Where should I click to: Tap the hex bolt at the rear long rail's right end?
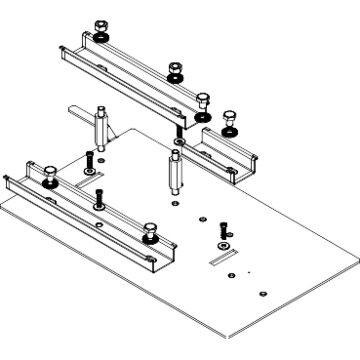tap(206, 100)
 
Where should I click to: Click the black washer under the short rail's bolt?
tap(232, 131)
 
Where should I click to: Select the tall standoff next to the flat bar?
tap(102, 131)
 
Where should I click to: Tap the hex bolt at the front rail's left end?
tap(48, 170)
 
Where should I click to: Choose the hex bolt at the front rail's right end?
tap(151, 231)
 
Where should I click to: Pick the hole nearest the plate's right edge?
tap(261, 292)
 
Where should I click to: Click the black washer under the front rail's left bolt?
tap(48, 183)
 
